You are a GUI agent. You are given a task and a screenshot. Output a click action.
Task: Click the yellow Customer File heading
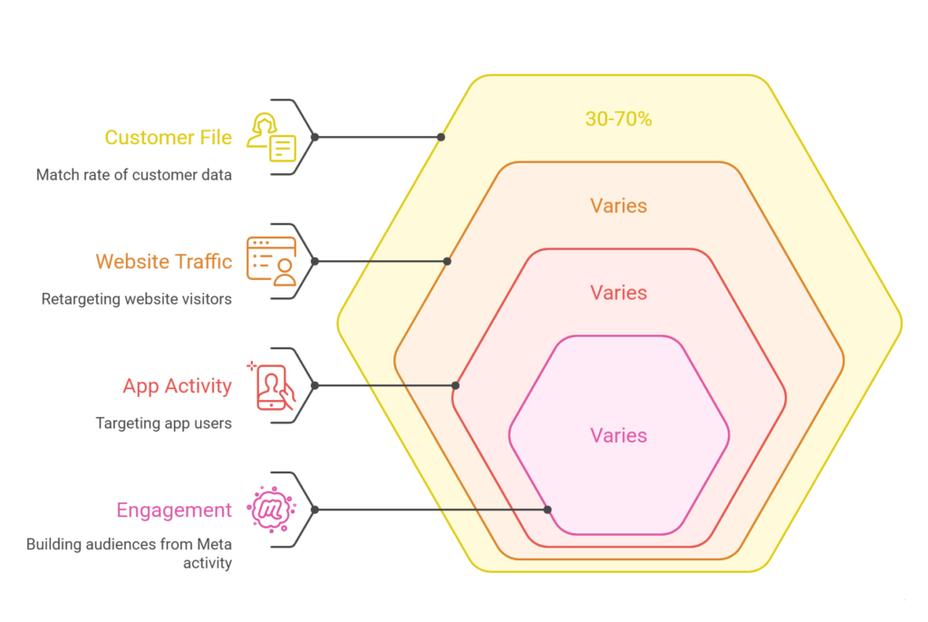[x=168, y=138]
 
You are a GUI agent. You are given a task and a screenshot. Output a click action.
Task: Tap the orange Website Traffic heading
[x=164, y=262]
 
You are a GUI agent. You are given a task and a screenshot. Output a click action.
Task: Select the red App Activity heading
[x=177, y=386]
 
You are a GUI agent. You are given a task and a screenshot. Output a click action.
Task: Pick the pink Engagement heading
[x=174, y=510]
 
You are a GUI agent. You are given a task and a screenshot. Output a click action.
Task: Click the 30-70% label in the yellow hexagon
[x=618, y=119]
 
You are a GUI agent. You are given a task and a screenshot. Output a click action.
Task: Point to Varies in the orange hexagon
[x=618, y=206]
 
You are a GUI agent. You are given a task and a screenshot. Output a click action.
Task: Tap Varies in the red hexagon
[x=618, y=293]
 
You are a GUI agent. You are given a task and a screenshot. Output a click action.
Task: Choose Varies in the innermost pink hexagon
[x=618, y=436]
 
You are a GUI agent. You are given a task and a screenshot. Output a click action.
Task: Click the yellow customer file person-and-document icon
[x=272, y=138]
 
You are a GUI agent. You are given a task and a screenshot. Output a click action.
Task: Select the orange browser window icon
[x=272, y=261]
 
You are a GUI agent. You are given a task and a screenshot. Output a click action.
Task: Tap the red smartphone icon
[x=273, y=386]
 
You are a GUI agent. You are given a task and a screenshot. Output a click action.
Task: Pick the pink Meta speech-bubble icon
[x=271, y=510]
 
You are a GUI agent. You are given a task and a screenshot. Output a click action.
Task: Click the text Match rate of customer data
[x=134, y=175]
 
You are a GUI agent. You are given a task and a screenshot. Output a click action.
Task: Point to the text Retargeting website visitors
[x=136, y=299]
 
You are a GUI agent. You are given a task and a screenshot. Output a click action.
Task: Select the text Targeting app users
[x=163, y=423]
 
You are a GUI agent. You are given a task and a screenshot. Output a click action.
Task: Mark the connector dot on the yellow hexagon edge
[x=440, y=138]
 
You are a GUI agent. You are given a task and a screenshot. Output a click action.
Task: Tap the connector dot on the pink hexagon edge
[x=547, y=510]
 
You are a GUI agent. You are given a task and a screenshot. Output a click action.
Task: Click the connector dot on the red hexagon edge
[x=455, y=385]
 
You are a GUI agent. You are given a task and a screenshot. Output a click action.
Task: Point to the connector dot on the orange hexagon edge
[x=447, y=261]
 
